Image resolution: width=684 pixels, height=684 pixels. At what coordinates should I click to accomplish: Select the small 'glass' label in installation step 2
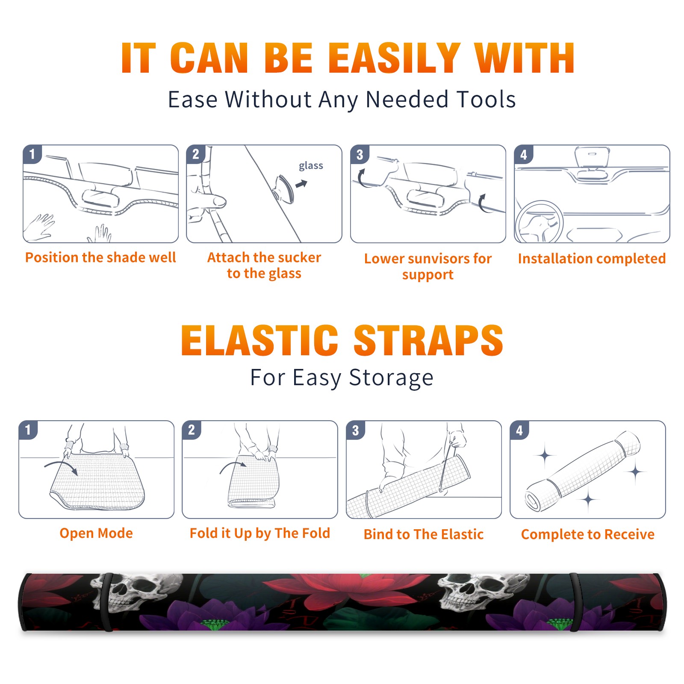click(311, 166)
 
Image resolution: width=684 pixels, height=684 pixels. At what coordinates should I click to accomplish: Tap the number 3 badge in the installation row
click(360, 154)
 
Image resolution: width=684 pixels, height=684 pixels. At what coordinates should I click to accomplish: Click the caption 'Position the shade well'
click(100, 257)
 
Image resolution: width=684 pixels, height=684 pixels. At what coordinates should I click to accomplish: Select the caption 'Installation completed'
click(592, 259)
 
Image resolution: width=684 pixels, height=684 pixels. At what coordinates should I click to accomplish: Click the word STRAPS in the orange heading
click(428, 340)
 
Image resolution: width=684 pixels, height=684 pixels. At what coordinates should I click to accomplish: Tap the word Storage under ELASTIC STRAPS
click(391, 378)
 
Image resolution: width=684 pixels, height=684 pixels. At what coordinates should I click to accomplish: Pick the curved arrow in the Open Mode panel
click(61, 467)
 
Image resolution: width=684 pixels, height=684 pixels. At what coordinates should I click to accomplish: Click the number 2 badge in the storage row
click(192, 430)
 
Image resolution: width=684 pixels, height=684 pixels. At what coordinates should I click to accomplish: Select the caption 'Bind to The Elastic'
click(424, 534)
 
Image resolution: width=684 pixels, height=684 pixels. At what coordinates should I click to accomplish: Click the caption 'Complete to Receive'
click(588, 534)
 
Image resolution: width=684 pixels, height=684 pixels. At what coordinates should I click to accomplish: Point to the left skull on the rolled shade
click(137, 593)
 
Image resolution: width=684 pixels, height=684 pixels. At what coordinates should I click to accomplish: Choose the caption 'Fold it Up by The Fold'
click(260, 534)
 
